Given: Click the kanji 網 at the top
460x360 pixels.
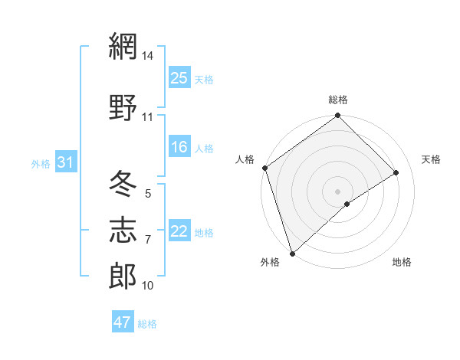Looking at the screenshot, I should tap(123, 47).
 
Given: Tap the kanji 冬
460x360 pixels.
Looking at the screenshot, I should tap(123, 184).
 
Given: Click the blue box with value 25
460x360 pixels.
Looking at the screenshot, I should tap(179, 78).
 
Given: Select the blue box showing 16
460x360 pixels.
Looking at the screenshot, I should tap(179, 148).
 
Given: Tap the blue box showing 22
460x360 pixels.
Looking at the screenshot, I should tap(179, 232).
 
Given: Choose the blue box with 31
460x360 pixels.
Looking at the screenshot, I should tap(65, 162).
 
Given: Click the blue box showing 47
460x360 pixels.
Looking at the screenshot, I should tap(123, 322).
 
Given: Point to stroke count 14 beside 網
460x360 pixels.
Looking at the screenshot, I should tap(148, 56).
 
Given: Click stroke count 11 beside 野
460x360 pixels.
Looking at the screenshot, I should tap(148, 117).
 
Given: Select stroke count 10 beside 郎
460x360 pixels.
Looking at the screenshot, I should tap(148, 286).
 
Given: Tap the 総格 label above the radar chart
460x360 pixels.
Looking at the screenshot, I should tap(338, 100).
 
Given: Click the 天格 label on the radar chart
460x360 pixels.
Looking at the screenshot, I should tap(431, 159).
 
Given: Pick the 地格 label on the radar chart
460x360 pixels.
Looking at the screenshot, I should tap(402, 263).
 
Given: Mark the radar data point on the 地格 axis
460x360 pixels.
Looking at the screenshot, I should tap(347, 204).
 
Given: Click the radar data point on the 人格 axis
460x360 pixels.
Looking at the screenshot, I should tap(264, 168).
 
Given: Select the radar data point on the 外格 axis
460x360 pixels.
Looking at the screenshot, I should tap(291, 253).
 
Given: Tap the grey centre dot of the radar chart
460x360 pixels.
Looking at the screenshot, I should tap(337, 191).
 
